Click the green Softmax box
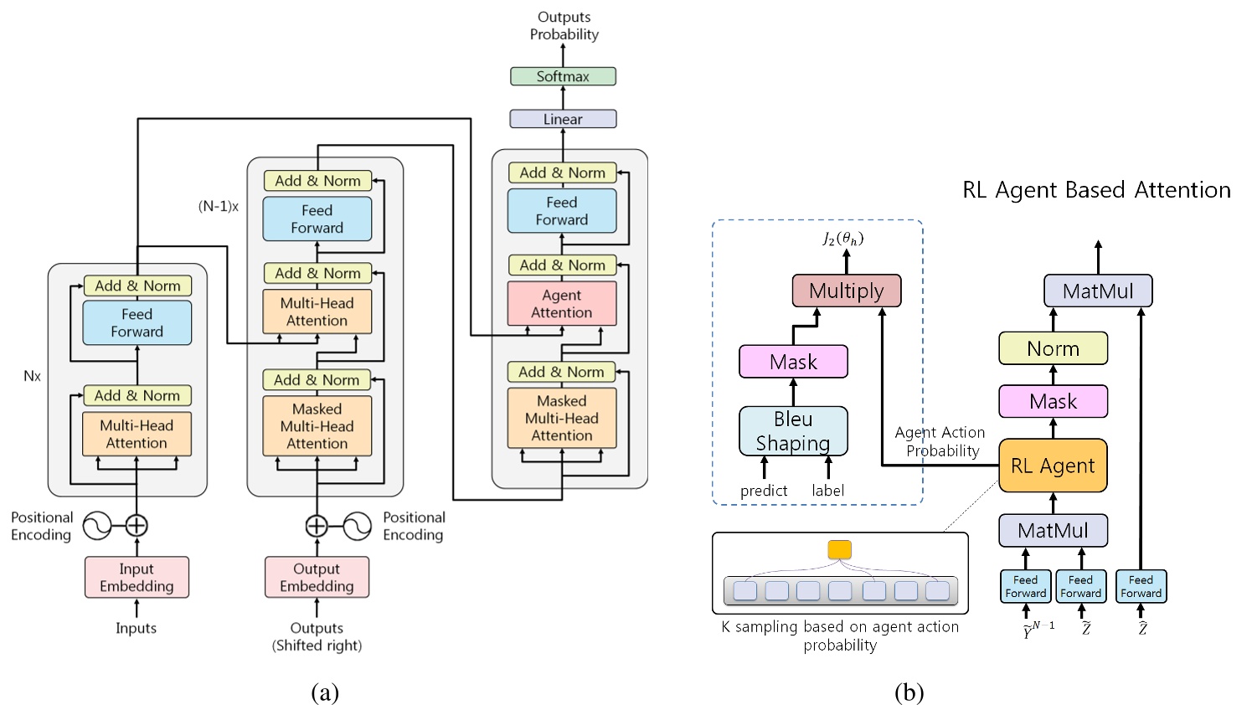[x=563, y=76]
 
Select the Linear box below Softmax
[x=563, y=119]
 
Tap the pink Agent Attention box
[x=561, y=304]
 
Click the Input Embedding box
[x=137, y=578]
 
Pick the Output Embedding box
[x=317, y=578]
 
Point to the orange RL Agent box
[x=1053, y=466]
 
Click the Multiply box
[x=846, y=291]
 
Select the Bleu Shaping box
[x=792, y=431]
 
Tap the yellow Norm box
[x=1053, y=348]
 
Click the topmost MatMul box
[x=1097, y=291]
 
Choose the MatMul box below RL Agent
[x=1053, y=530]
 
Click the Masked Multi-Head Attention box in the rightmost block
[x=561, y=418]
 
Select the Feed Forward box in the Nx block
[x=137, y=323]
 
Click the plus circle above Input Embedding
[x=137, y=525]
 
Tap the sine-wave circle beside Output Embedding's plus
[x=358, y=525]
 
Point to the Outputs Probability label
[x=564, y=25]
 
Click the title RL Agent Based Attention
[x=1096, y=190]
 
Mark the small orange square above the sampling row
[x=839, y=550]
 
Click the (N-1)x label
[x=219, y=206]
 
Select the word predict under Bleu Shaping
[x=763, y=491]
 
